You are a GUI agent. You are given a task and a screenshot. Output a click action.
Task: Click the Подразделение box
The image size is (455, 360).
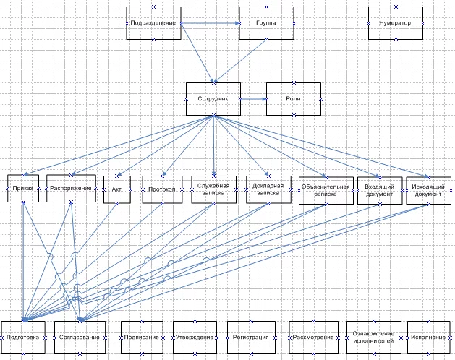(x=153, y=24)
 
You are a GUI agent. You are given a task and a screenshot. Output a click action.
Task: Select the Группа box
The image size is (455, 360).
(x=265, y=24)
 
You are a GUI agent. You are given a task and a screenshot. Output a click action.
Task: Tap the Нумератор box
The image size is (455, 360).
(x=395, y=24)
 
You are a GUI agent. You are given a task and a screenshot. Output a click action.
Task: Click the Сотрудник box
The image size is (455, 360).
(x=213, y=98)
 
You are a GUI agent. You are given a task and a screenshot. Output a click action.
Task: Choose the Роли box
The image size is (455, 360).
(x=294, y=98)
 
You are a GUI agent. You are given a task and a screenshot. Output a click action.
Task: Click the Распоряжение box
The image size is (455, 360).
(x=71, y=189)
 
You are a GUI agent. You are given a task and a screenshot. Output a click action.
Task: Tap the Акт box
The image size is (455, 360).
(x=116, y=189)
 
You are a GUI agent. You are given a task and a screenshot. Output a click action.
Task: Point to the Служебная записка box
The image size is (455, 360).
(x=214, y=189)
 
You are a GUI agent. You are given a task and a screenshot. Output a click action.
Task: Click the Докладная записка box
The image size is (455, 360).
(x=268, y=189)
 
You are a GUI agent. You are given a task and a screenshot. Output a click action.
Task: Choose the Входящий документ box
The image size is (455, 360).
(x=380, y=190)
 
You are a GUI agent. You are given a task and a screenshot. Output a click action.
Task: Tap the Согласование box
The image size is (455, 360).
(x=80, y=337)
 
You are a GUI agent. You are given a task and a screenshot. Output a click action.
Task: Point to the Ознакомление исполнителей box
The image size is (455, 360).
(x=373, y=337)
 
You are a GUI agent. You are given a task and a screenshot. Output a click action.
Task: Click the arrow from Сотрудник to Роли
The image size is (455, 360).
(x=253, y=98)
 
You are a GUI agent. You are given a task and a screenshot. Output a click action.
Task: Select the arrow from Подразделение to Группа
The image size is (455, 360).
(x=210, y=24)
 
